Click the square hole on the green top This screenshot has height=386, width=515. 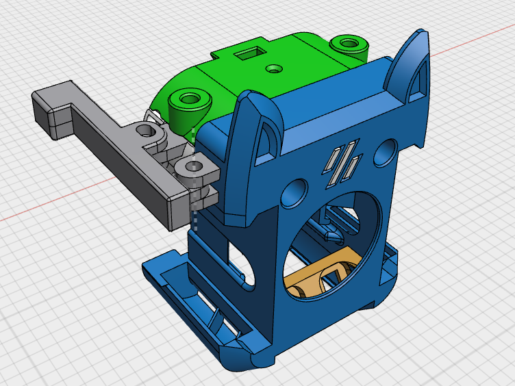click(x=244, y=53)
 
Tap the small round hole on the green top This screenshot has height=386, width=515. click(x=274, y=68)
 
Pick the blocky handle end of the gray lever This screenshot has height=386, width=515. click(x=52, y=110)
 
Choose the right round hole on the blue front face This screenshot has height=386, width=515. click(x=386, y=151)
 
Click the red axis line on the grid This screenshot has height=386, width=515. click(x=55, y=205)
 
